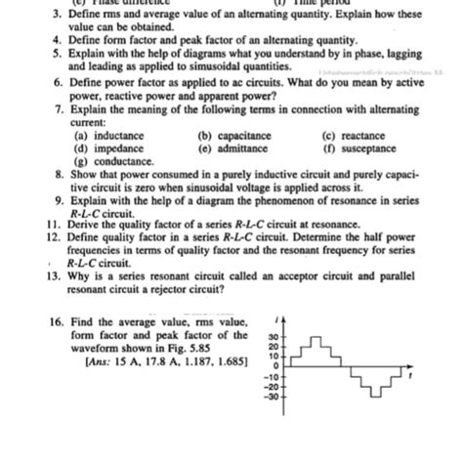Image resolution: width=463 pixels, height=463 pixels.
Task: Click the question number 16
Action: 55,321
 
